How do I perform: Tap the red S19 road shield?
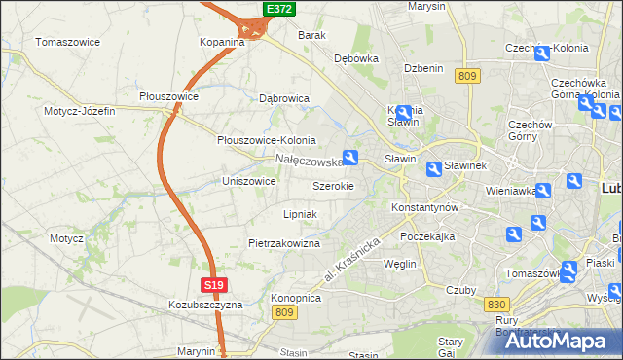tap(216, 284)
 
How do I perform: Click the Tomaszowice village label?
tap(70, 42)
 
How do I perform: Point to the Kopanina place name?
tap(222, 43)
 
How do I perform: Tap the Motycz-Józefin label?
tap(79, 111)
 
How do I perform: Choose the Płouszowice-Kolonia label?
tap(266, 139)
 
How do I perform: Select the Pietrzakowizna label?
tap(284, 243)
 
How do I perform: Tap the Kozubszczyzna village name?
tap(204, 305)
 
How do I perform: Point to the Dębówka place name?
tap(355, 58)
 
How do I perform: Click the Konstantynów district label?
tap(423, 208)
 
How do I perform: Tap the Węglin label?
tap(400, 264)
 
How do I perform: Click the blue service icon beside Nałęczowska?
tap(351, 157)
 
